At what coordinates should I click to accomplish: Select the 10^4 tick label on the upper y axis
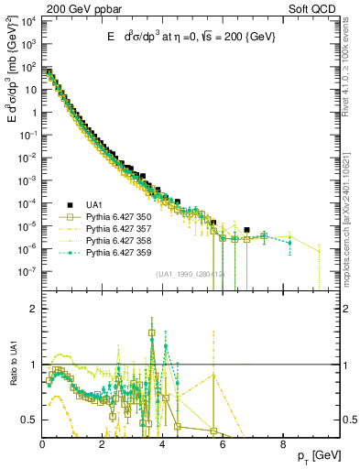point(27,21)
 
